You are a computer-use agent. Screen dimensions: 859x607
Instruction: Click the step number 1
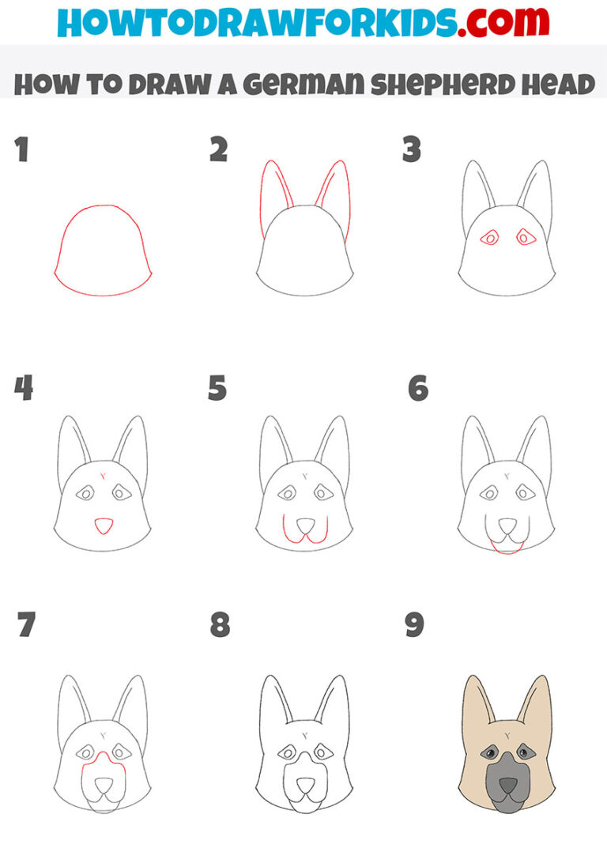(x=21, y=149)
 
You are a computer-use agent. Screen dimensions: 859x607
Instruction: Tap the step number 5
(x=217, y=389)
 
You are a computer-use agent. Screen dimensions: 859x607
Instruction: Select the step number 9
(x=414, y=625)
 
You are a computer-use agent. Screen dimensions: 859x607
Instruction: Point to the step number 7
(x=25, y=625)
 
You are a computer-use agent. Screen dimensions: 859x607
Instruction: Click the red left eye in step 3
(x=489, y=237)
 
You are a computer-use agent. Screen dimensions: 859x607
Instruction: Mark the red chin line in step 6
(x=506, y=548)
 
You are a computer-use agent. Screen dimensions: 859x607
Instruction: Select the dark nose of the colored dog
(x=507, y=787)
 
